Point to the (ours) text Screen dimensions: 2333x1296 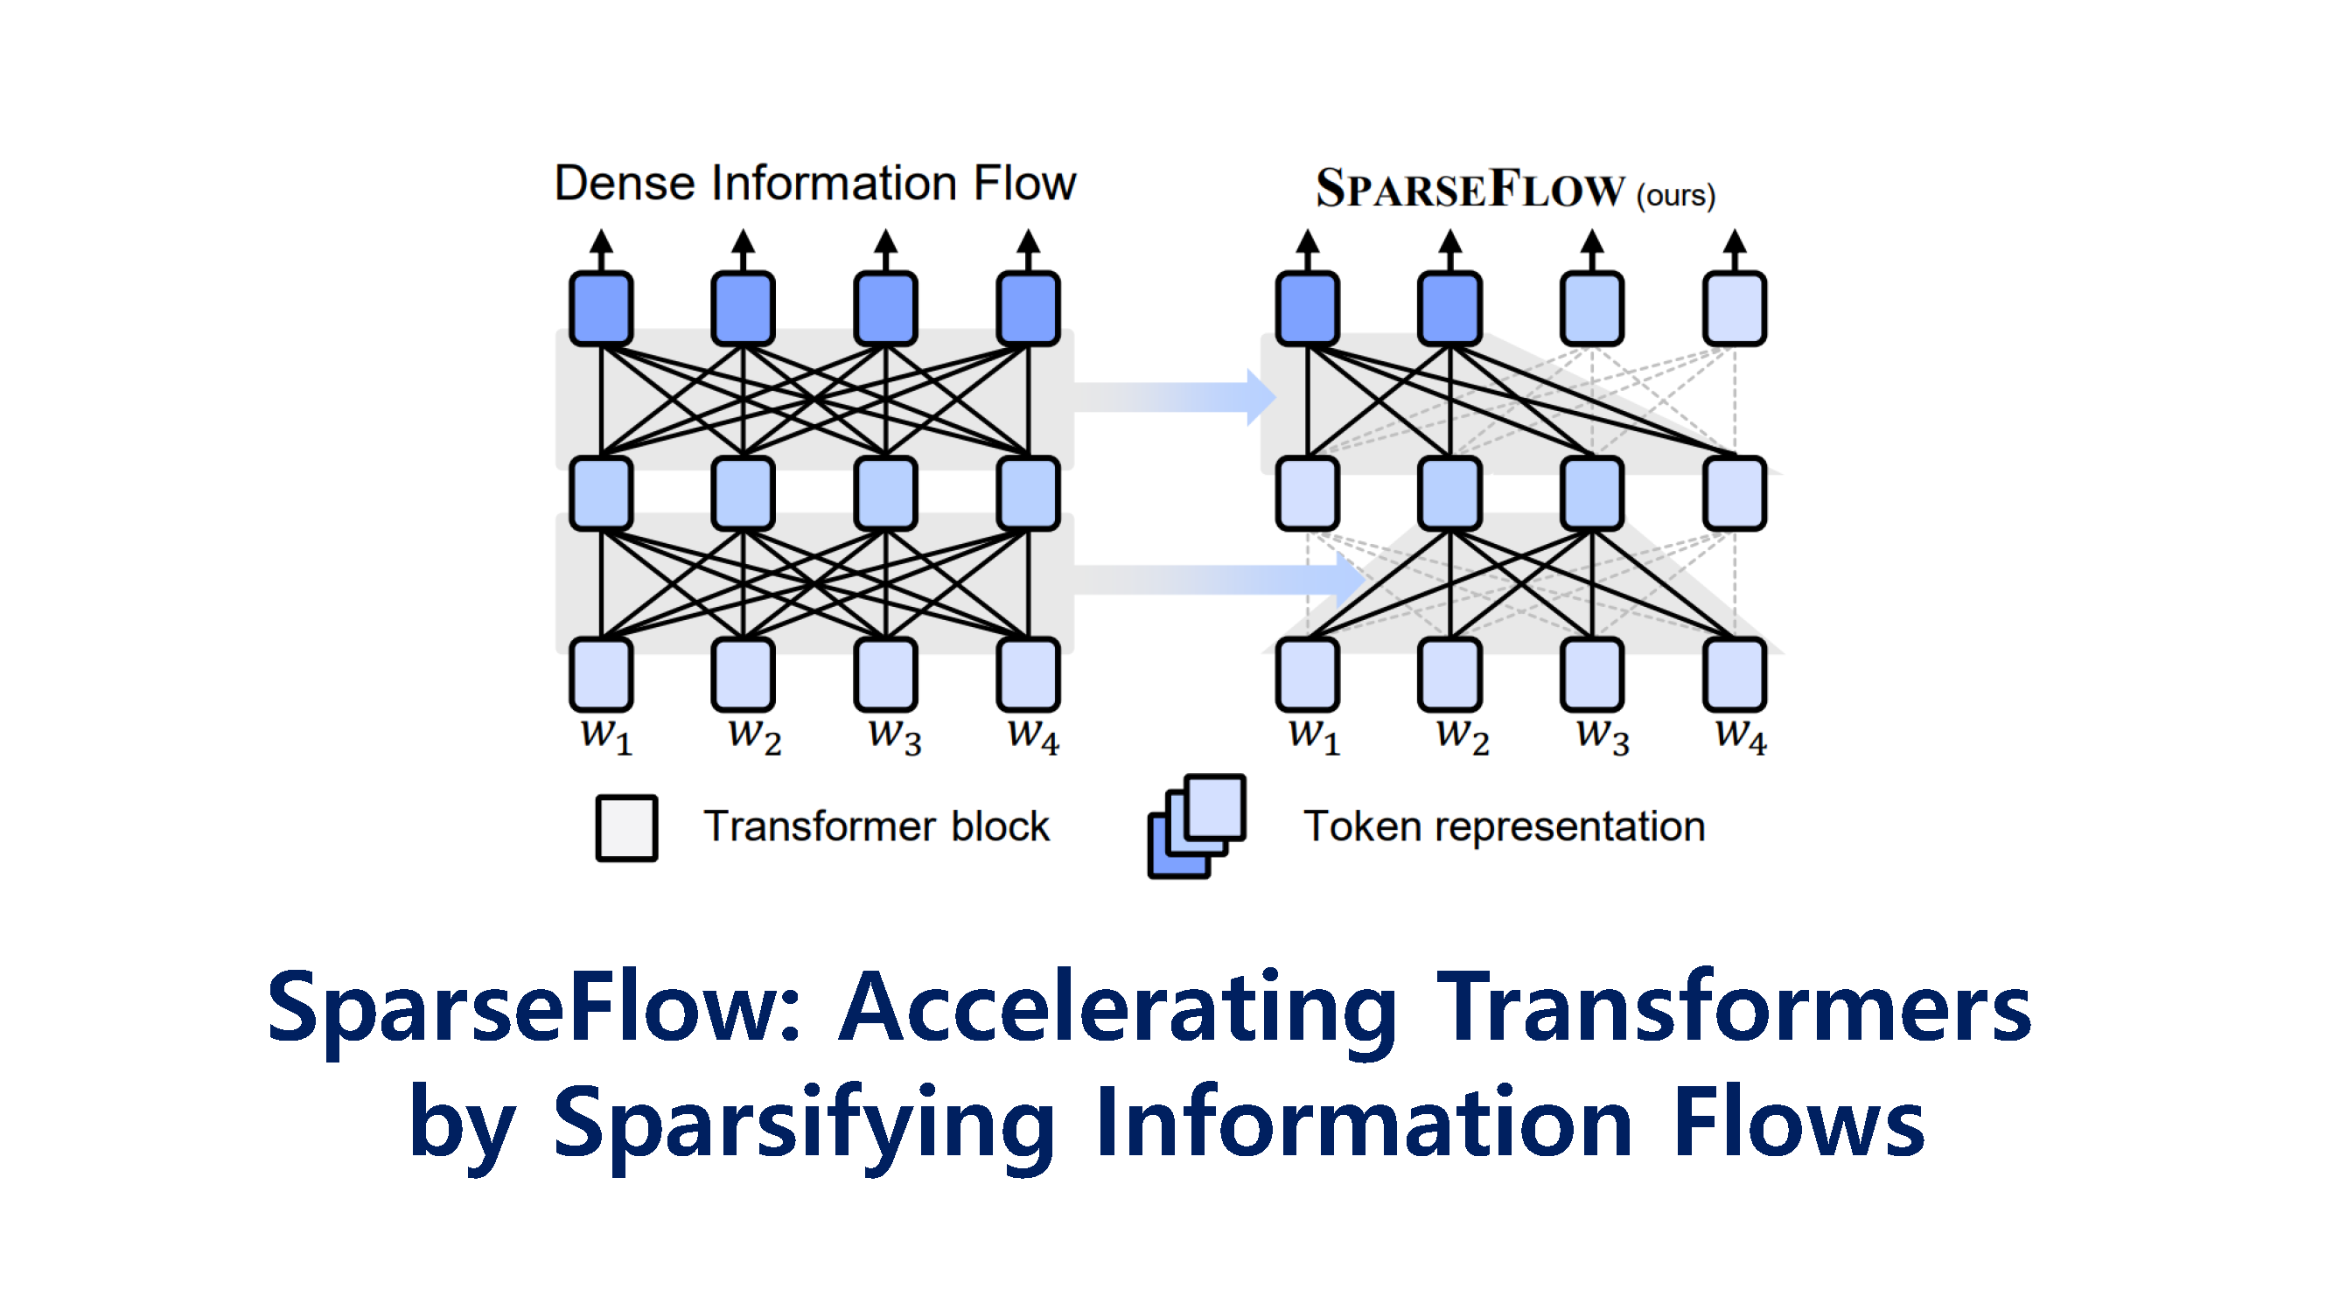[x=1675, y=195]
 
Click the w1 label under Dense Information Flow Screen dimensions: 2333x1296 [x=606, y=735]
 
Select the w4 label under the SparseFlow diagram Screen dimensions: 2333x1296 [x=1741, y=735]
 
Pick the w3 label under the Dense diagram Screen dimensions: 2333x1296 [x=895, y=735]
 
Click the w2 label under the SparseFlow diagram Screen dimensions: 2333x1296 [x=1463, y=735]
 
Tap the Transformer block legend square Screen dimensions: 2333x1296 [x=626, y=828]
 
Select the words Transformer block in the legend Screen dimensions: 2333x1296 [x=877, y=826]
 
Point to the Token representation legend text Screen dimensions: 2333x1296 [x=1505, y=826]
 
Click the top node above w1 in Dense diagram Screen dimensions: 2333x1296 [x=601, y=309]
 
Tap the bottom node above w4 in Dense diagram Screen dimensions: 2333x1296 [x=1029, y=675]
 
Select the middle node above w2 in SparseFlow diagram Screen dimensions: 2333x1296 [x=1450, y=493]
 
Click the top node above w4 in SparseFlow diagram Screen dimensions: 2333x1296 [x=1735, y=309]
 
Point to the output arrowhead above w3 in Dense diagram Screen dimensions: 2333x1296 [x=886, y=240]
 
